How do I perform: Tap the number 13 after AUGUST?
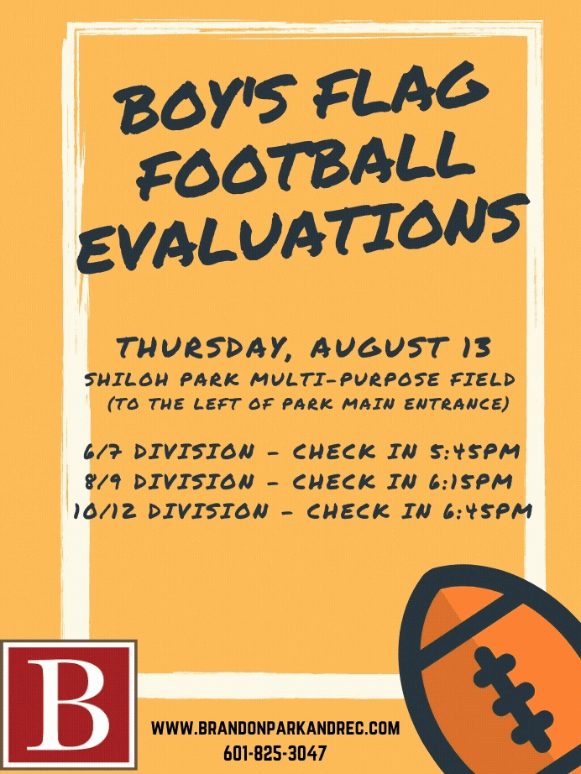pos(476,347)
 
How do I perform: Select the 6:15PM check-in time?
pos(471,481)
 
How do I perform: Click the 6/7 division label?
pos(168,452)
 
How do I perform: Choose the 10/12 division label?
pos(170,511)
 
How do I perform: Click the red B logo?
pos(69,705)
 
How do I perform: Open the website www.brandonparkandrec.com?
pos(275,728)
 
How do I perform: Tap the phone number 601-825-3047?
pos(275,753)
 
